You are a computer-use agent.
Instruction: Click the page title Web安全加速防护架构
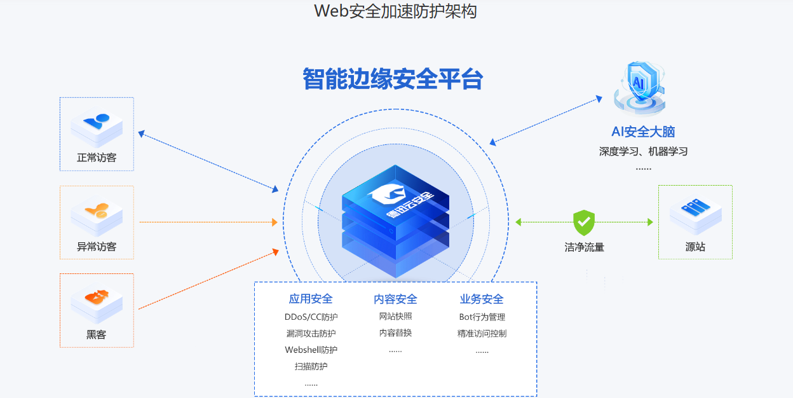pyautogui.click(x=395, y=11)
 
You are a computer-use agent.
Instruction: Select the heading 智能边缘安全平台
pyautogui.click(x=393, y=79)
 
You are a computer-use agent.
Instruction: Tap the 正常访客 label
pyautogui.click(x=97, y=158)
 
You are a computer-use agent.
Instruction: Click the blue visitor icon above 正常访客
pyautogui.click(x=97, y=125)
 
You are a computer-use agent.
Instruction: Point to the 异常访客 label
pyautogui.click(x=97, y=247)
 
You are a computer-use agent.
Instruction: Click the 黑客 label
pyautogui.click(x=97, y=334)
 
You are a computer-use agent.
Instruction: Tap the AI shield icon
pyautogui.click(x=639, y=89)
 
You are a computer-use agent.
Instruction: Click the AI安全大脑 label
pyautogui.click(x=643, y=132)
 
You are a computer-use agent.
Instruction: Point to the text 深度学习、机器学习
pyautogui.click(x=643, y=151)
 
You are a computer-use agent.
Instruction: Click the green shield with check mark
pyautogui.click(x=583, y=223)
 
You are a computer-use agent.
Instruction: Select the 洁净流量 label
pyautogui.click(x=584, y=247)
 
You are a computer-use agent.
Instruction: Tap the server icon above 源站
pyautogui.click(x=695, y=213)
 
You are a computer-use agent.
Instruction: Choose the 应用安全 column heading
pyautogui.click(x=311, y=299)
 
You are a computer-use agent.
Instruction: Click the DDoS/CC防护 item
pyautogui.click(x=311, y=317)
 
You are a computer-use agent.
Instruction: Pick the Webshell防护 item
pyautogui.click(x=311, y=350)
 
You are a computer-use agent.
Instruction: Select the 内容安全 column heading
pyautogui.click(x=395, y=299)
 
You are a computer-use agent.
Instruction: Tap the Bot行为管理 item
pyautogui.click(x=482, y=317)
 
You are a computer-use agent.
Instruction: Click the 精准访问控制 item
pyautogui.click(x=482, y=333)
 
